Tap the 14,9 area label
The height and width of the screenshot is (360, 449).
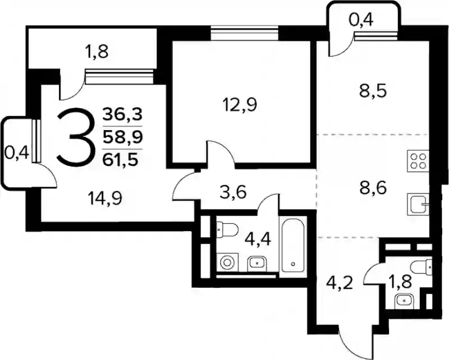[105, 198]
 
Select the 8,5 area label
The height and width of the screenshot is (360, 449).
[373, 91]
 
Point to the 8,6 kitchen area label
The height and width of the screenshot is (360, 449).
[373, 188]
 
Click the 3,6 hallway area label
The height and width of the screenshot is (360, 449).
[233, 192]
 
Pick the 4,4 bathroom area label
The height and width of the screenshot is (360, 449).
[258, 239]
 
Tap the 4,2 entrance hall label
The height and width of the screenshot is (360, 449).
[340, 283]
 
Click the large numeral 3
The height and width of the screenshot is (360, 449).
[76, 137]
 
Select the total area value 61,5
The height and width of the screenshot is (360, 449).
[122, 160]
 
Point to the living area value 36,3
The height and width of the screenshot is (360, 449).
[122, 115]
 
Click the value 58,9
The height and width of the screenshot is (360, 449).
[122, 137]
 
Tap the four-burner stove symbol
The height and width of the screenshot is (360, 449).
[418, 161]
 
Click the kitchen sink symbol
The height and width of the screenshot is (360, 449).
[418, 204]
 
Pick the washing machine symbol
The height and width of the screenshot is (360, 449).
[227, 262]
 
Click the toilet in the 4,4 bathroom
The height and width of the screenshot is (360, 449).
[227, 229]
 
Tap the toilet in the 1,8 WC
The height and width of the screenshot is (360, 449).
[420, 266]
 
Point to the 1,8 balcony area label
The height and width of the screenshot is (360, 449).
[97, 52]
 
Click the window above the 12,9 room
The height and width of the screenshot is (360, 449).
[245, 33]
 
